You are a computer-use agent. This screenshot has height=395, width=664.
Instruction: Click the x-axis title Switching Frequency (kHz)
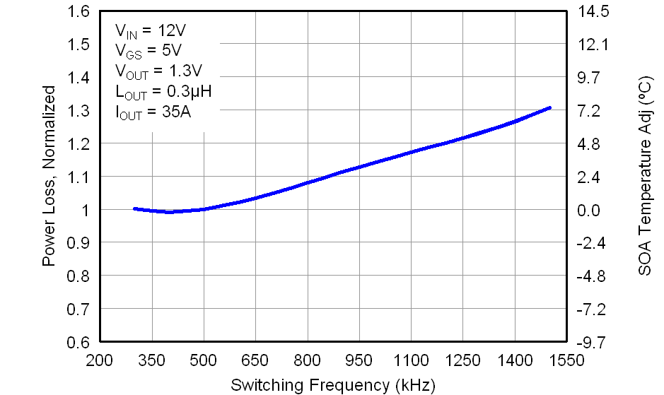[332, 385]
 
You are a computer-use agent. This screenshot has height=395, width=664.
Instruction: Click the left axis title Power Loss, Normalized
[49, 176]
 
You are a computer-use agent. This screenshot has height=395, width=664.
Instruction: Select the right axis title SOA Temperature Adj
[644, 176]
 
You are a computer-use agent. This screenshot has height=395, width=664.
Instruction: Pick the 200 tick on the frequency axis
[100, 361]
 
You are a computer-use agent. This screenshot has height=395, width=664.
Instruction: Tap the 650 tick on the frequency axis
[255, 361]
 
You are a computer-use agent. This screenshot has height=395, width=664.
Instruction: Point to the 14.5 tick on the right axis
[594, 11]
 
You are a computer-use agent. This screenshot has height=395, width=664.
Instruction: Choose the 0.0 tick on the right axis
[594, 210]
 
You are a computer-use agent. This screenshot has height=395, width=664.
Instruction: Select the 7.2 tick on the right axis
[594, 111]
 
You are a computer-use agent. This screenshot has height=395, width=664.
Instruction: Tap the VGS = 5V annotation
[148, 51]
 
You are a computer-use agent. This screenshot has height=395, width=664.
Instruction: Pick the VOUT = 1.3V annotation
[159, 71]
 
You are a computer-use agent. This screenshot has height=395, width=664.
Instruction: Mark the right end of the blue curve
[549, 107]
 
